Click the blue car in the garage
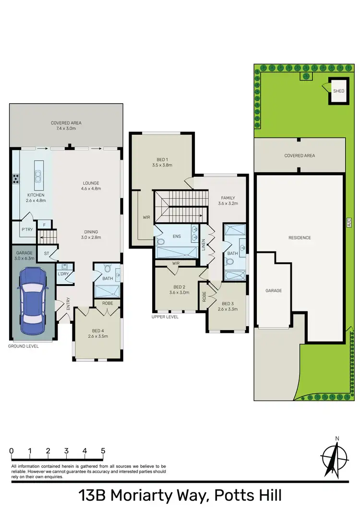(x=31, y=297)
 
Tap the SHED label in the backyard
(x=339, y=90)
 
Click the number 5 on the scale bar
(x=103, y=451)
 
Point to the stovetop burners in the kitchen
(x=16, y=179)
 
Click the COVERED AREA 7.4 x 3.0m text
(x=67, y=126)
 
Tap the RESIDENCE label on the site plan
(x=300, y=238)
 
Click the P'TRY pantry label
(x=26, y=229)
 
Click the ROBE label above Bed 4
(x=107, y=303)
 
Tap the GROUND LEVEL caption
(x=24, y=345)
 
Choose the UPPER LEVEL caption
(x=165, y=317)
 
